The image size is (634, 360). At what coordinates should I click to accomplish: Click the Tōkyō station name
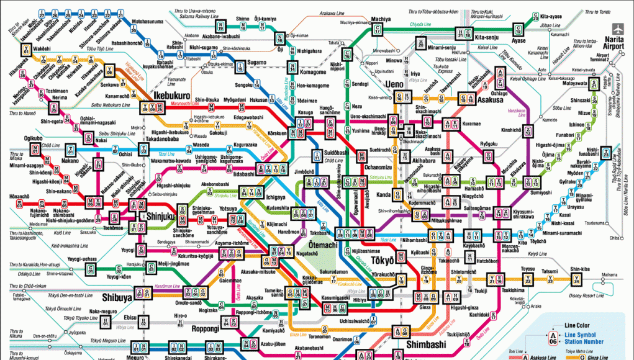pyautogui.click(x=384, y=259)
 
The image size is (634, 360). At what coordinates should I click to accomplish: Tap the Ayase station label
pyautogui.click(x=519, y=41)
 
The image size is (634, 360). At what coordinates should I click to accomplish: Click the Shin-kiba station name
pyautogui.click(x=578, y=269)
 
